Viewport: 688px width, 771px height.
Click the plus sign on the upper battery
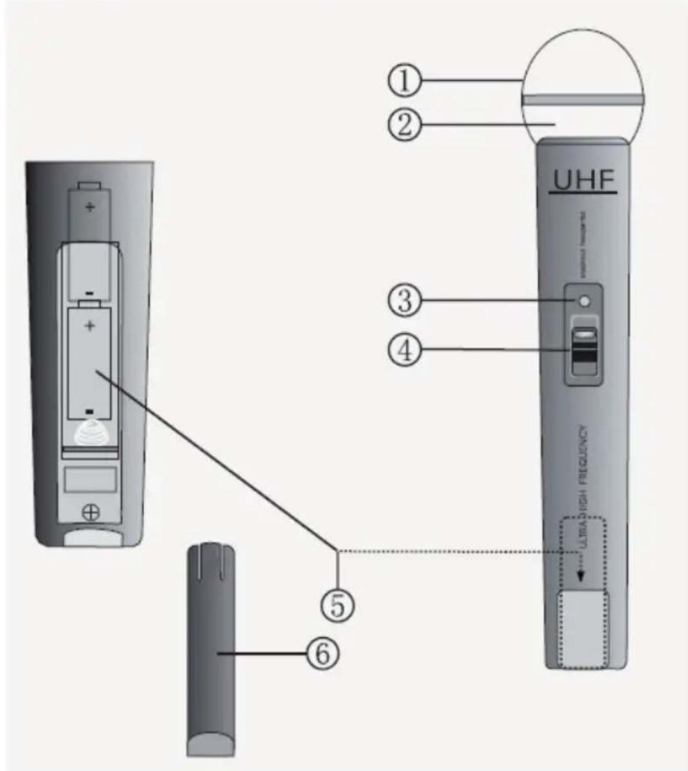(x=90, y=207)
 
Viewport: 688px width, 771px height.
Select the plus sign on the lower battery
(x=89, y=325)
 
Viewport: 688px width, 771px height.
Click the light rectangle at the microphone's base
(x=584, y=629)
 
